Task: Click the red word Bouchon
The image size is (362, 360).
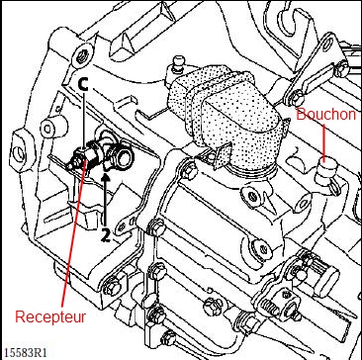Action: point(326,115)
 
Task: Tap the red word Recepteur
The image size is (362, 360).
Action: point(50,316)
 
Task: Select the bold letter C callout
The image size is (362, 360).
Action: point(84,85)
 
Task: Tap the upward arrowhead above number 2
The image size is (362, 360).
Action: point(106,179)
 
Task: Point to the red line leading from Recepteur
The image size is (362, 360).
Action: point(74,231)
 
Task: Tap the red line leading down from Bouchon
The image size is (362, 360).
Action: point(324,142)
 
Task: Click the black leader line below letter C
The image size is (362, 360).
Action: point(84,120)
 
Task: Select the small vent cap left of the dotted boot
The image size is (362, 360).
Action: point(178,63)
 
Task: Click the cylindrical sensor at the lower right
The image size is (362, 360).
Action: point(325,280)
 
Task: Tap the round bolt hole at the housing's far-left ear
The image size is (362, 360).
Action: point(19,152)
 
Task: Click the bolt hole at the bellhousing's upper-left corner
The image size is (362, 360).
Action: point(82,56)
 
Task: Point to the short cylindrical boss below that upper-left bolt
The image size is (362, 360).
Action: point(53,126)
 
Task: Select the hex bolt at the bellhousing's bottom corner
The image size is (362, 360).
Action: point(111,288)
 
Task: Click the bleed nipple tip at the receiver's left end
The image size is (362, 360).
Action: point(70,165)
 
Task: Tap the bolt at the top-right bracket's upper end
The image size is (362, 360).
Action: point(343,69)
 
